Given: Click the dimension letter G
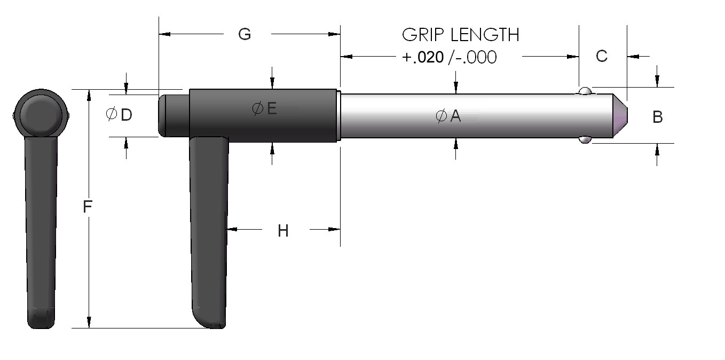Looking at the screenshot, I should click(x=244, y=34).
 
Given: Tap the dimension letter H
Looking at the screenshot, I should click(x=283, y=231).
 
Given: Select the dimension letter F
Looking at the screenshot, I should click(x=88, y=207).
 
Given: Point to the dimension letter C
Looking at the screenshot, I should click(x=601, y=56).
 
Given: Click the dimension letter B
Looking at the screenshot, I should click(x=658, y=117).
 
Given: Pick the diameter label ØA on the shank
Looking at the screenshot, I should click(x=448, y=116).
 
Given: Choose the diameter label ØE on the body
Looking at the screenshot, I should click(x=264, y=109).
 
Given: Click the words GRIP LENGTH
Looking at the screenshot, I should click(x=460, y=35).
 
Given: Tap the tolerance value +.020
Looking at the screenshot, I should click(x=422, y=57).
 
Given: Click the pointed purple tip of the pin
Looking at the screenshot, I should click(x=620, y=116).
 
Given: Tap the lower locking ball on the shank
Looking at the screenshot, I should click(x=585, y=140).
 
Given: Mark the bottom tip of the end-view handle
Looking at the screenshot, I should click(x=41, y=320).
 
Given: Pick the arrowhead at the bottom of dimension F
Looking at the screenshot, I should click(x=89, y=323).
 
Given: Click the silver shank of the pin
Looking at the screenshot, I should click(x=507, y=116).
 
